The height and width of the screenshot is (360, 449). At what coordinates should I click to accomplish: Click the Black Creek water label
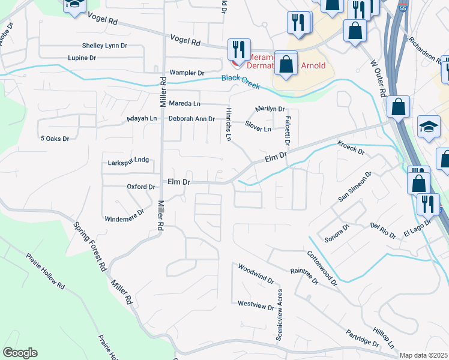[x=240, y=82]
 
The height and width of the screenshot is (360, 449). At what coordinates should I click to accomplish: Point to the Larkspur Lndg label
[x=127, y=160]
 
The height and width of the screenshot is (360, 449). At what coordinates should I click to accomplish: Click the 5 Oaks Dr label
[x=55, y=139]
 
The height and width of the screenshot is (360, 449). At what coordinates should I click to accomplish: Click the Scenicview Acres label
[x=279, y=315]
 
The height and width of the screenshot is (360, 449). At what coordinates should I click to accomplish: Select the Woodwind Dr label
[x=256, y=273]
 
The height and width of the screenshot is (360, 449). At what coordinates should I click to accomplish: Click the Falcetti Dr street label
[x=288, y=131]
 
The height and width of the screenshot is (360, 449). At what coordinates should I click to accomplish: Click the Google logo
[x=20, y=353]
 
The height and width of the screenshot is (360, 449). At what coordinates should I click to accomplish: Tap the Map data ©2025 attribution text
[x=424, y=355]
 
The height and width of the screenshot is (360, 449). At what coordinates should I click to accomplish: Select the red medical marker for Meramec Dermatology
[x=234, y=64]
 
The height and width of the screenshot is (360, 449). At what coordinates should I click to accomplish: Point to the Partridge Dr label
[x=362, y=338]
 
